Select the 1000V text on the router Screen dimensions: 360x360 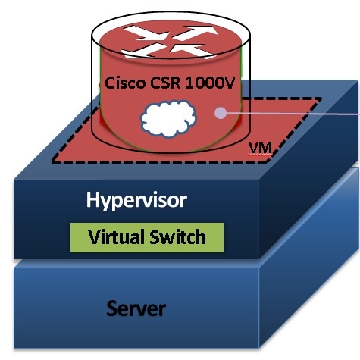click(x=210, y=83)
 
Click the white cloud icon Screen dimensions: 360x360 click(x=168, y=119)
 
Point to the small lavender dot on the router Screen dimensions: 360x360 click(x=221, y=113)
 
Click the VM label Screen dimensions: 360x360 click(x=260, y=148)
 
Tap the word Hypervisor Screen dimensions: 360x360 click(x=136, y=200)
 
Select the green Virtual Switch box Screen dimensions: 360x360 click(x=147, y=237)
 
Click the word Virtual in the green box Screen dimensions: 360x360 click(x=117, y=237)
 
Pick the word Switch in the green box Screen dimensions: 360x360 click(x=177, y=237)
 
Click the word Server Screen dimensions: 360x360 click(x=136, y=308)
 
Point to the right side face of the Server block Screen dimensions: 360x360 click(x=308, y=258)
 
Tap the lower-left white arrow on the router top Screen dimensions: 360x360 click(x=142, y=51)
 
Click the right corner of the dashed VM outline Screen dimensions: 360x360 click(x=321, y=99)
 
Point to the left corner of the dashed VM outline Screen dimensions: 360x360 click(x=52, y=161)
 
